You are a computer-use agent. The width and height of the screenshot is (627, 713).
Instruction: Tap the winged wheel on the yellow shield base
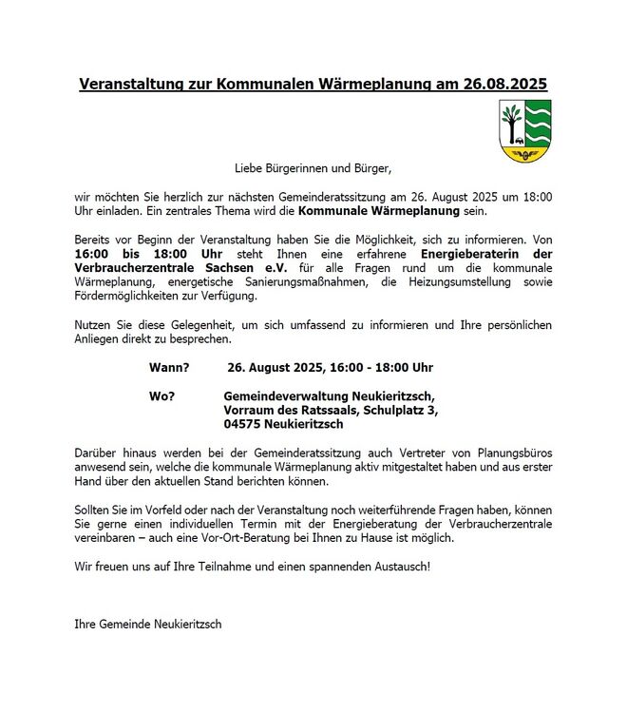(x=522, y=151)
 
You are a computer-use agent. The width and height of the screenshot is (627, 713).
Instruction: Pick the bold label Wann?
(x=169, y=367)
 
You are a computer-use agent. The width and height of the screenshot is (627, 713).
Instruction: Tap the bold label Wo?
(x=161, y=395)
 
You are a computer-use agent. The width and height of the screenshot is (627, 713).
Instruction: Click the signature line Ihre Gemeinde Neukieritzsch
(x=147, y=624)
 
